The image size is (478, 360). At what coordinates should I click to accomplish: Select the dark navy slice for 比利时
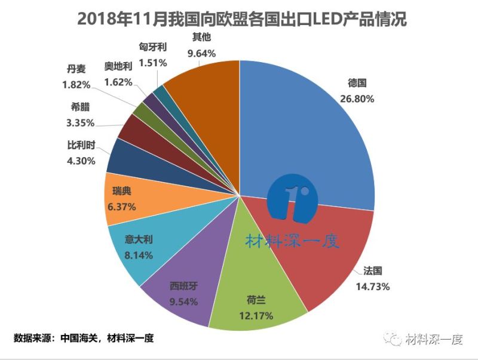coord(125,156)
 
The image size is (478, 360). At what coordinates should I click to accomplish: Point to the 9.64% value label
coord(201,53)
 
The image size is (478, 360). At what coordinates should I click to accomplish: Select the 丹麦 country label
coord(76,69)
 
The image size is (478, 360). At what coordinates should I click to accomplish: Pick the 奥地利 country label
coord(118,66)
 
